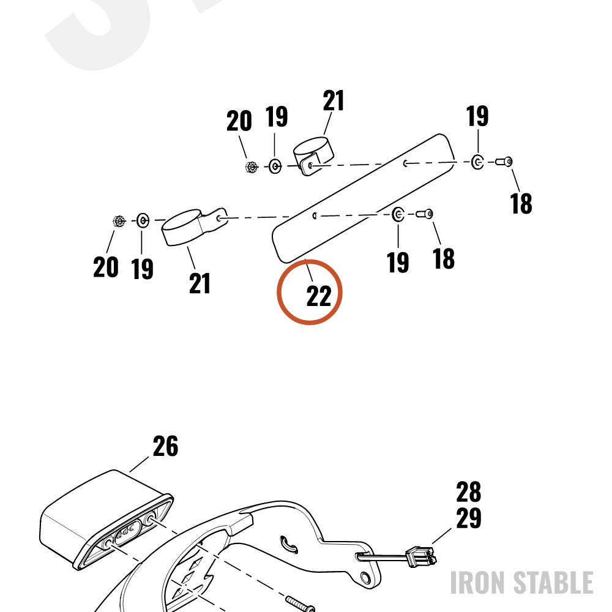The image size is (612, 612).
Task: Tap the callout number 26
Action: pos(165,446)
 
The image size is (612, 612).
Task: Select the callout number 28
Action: pos(469,492)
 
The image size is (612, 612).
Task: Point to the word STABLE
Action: pos(553,583)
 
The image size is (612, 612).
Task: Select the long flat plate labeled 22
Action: pos(364,198)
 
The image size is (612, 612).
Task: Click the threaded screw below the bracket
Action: pos(300,603)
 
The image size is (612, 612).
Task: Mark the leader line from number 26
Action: pos(140,464)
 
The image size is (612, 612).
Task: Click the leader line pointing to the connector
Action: pos(441,536)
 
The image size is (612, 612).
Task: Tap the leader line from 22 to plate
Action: pos(308,270)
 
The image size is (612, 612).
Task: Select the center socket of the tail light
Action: pos(125,531)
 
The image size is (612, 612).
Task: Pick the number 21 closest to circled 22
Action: pos(200,283)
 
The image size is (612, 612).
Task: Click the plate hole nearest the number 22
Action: pos(315,215)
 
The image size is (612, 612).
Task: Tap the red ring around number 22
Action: pos(310,259)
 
